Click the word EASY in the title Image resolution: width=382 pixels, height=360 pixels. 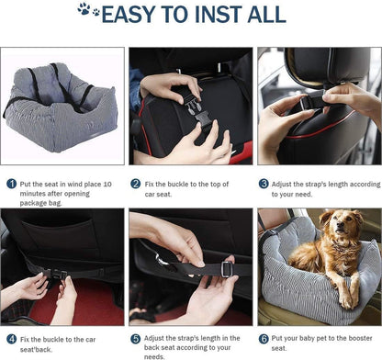point(134,15)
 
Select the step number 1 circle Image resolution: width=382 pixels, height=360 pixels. point(11,183)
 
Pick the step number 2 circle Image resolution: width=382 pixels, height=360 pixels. point(136,183)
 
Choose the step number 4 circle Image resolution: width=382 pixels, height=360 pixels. point(11,339)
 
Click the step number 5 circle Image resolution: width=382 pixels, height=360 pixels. point(136,339)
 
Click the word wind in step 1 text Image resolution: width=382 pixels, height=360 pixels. point(85,183)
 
